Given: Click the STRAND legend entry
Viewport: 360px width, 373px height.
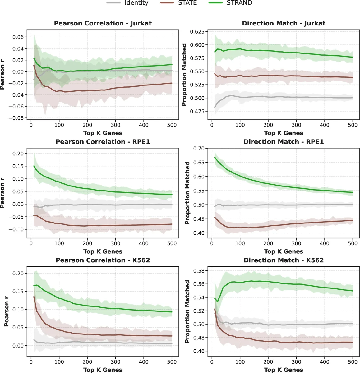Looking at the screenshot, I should point(239,3).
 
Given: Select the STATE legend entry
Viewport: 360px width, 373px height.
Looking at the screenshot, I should point(187,3).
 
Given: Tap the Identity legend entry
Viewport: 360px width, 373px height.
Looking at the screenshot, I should point(136,3).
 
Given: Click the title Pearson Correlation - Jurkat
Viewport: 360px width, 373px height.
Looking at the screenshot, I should point(103,23).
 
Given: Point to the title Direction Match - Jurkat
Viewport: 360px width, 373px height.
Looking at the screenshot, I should point(284,23).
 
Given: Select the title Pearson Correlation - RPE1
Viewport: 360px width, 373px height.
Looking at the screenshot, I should point(103,142).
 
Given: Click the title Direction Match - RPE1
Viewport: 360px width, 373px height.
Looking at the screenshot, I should point(284,142).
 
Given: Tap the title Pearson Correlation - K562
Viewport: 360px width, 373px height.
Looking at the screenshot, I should point(103,260).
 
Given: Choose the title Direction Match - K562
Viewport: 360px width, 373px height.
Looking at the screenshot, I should point(284,260).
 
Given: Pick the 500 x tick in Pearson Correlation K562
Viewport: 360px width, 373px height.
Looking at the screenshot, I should point(172,362).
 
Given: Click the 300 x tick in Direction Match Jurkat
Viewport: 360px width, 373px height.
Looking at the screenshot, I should point(296,125).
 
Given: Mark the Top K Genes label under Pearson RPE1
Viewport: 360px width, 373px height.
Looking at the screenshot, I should point(103,251).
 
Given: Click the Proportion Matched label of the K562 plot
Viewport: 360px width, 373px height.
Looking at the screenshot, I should point(187,311).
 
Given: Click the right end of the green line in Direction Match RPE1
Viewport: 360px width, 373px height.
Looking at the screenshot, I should point(353,192).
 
